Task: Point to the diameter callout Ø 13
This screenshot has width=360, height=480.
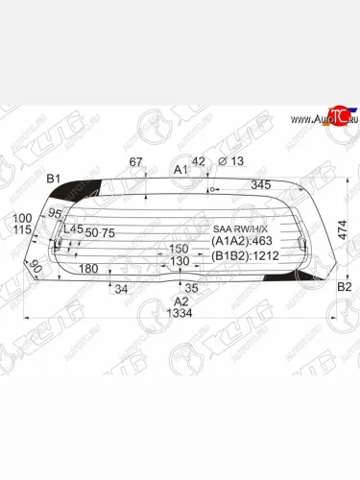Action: pos(230,160)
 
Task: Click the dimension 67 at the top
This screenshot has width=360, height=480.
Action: pos(135,160)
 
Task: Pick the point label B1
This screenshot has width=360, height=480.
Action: pos(54,179)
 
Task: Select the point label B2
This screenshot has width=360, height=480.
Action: pos(344,286)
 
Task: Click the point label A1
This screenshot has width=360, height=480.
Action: pos(180,171)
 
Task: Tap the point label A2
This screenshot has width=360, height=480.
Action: pos(180,300)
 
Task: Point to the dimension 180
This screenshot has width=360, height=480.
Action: pos(88,269)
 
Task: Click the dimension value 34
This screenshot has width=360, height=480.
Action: pos(121,288)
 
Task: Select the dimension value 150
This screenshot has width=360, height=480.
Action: pos(180,248)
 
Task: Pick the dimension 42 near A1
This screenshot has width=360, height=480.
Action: pos(199,160)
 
